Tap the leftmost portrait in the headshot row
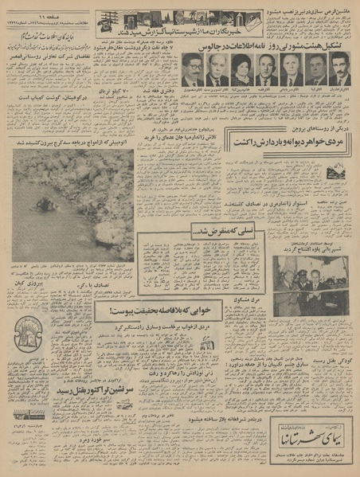coord(191,70)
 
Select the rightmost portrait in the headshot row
coord(339,70)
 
